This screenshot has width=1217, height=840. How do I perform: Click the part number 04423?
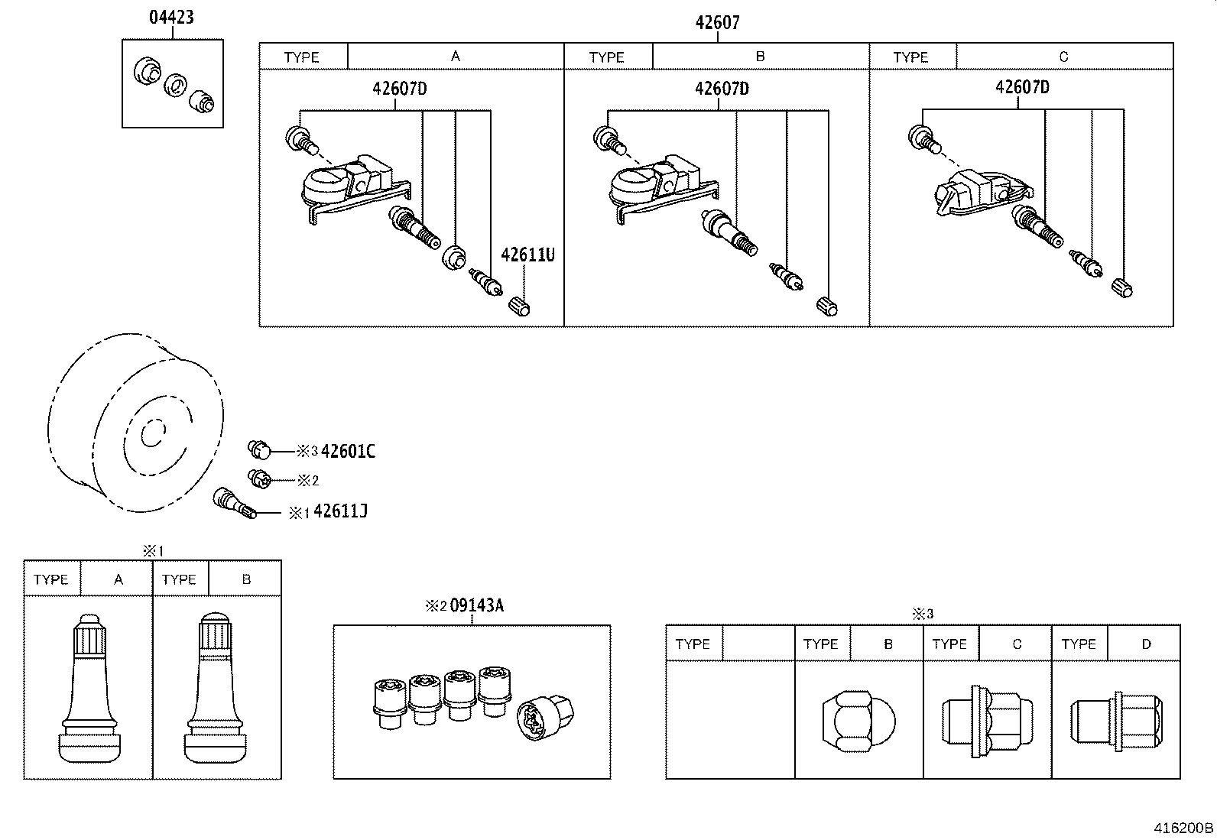coord(170,17)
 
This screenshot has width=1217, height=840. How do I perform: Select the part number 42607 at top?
coord(717,23)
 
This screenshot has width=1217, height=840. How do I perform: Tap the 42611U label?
coord(527,255)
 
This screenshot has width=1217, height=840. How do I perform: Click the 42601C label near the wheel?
coord(348,451)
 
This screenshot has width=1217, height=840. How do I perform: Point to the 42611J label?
coord(340,511)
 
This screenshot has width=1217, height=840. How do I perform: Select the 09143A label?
coord(476,605)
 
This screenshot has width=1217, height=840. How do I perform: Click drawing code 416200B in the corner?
coord(1183,828)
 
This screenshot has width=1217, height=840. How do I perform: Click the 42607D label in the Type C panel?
coord(1021,87)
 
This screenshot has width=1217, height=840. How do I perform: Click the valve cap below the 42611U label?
coord(519,306)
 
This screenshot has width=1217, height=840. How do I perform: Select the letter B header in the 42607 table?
coord(760,57)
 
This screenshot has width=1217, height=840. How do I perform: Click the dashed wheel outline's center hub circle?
coord(152,433)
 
